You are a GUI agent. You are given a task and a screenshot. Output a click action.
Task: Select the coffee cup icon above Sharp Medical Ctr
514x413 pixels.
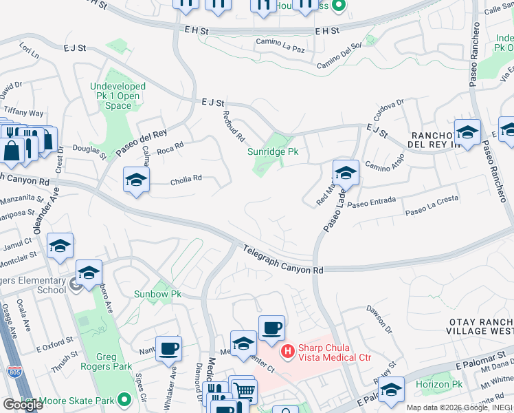tap(271, 328)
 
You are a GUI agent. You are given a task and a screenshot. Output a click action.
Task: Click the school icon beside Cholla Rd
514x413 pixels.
tap(136, 180)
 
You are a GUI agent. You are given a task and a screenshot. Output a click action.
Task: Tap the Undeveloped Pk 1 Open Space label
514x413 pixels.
tap(118, 96)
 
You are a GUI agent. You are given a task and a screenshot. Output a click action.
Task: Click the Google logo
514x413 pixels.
tap(23, 404)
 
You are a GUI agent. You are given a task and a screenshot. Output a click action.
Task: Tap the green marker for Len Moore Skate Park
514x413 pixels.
tap(124, 399)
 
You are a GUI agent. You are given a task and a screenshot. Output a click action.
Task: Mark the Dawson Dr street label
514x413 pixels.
tap(379, 319)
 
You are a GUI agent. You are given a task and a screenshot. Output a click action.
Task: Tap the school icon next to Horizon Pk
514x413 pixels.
tap(391, 390)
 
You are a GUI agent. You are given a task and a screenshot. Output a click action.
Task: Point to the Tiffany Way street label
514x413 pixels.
tap(23, 113)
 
